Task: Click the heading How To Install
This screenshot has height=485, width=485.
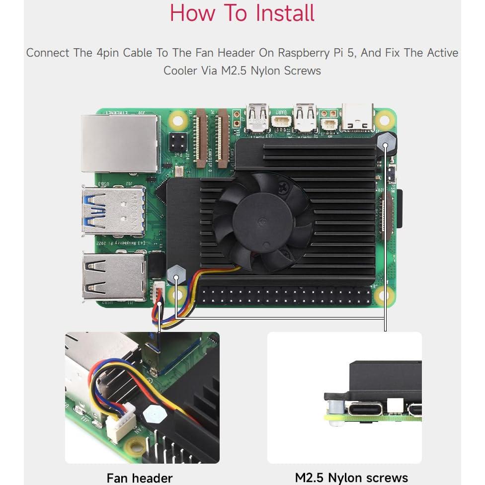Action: tap(242, 13)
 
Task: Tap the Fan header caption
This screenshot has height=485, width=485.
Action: tap(140, 478)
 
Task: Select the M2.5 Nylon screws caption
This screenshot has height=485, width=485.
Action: tap(351, 478)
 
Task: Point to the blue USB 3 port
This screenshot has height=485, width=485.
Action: tap(114, 211)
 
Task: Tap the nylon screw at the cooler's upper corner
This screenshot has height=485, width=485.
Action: tap(386, 142)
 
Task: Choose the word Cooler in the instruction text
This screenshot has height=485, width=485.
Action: tap(180, 71)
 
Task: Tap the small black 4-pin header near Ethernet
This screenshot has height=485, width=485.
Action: tap(177, 143)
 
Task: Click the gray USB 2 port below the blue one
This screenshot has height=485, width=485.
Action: tap(114, 276)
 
